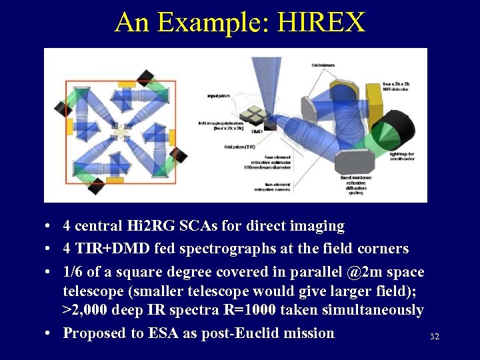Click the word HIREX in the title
(321, 22)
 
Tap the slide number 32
(434, 337)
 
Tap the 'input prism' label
(217, 96)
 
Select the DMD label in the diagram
(257, 132)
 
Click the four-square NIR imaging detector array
(254, 116)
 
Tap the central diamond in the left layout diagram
(119, 133)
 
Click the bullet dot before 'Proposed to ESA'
(51, 333)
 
